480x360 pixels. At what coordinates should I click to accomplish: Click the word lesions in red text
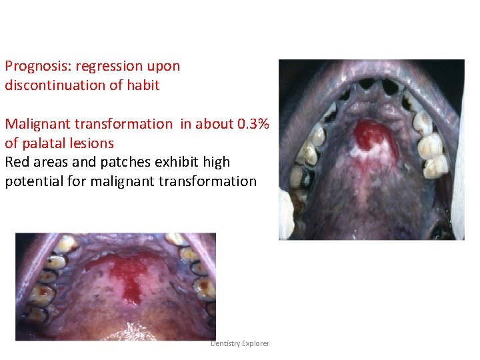pyautogui.click(x=91, y=143)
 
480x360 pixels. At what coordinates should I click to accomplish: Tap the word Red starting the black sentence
pyautogui.click(x=17, y=162)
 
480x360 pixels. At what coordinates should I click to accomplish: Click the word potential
pyautogui.click(x=32, y=181)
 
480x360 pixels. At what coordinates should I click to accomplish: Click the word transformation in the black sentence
pyautogui.click(x=208, y=181)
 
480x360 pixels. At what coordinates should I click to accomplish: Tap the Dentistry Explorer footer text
pyautogui.click(x=240, y=343)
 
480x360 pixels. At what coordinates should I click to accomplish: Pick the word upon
pyautogui.click(x=163, y=66)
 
